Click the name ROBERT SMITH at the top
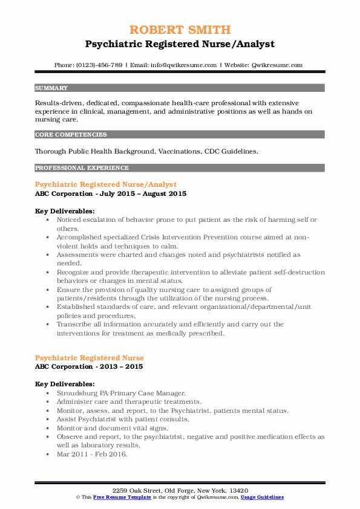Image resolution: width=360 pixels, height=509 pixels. click(180, 30)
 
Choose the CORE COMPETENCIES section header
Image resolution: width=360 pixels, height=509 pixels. click(71, 134)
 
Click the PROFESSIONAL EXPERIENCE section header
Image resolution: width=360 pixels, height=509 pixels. click(82, 167)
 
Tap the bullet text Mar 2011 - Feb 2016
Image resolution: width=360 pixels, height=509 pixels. click(93, 454)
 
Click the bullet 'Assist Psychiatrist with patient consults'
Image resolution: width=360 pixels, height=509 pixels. click(123, 419)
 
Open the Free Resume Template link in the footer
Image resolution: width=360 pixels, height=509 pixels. click(113, 497)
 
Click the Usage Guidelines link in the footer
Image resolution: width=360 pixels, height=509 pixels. click(262, 497)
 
